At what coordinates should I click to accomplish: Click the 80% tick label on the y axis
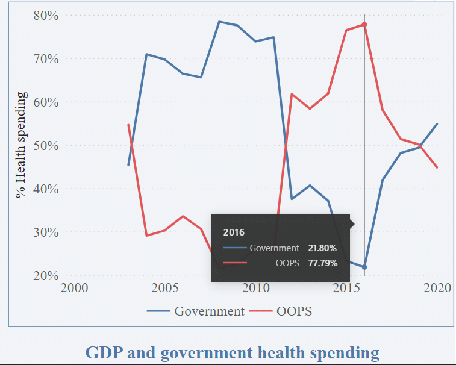(x=46, y=16)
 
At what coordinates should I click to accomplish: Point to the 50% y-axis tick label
(x=46, y=146)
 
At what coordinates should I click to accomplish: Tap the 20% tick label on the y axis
(x=46, y=276)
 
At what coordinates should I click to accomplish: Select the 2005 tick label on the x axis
(x=164, y=288)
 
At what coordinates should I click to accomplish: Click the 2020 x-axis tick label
(x=437, y=288)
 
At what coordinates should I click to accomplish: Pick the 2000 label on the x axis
(x=74, y=288)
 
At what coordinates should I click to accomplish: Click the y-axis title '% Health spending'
(x=22, y=145)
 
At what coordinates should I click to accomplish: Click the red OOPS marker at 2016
(x=364, y=24)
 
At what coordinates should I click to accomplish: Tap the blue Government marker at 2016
(x=364, y=267)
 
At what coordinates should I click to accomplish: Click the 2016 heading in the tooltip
(x=233, y=232)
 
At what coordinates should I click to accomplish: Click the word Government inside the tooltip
(x=274, y=248)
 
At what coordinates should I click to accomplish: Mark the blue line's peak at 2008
(x=219, y=22)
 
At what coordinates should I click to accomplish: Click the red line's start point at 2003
(x=128, y=125)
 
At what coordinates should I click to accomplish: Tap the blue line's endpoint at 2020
(x=437, y=123)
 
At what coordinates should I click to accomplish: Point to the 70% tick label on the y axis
(x=46, y=59)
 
